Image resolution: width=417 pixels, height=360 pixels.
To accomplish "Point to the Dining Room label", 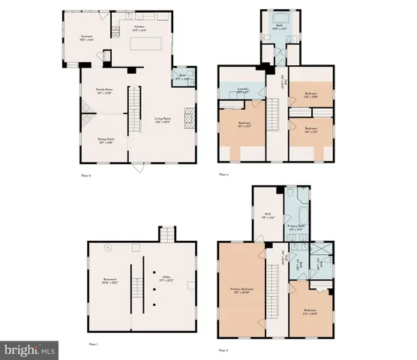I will pos(106,140).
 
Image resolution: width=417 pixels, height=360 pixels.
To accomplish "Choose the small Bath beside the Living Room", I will pos(183,76).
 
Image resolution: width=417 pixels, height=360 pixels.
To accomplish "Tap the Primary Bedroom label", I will pos(241,287).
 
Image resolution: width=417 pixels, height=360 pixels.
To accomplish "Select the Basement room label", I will pos(111,281).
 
